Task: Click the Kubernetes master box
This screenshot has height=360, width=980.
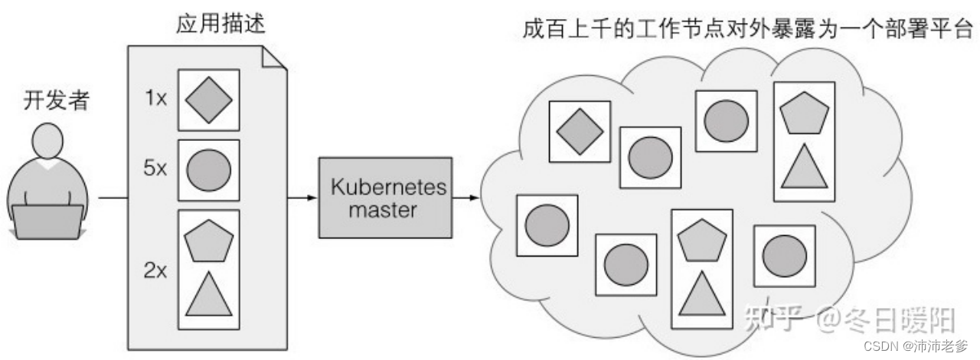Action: click(386, 198)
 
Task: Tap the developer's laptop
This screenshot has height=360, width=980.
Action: click(47, 222)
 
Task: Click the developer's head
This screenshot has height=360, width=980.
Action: click(48, 145)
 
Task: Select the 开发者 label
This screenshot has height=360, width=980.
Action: click(48, 101)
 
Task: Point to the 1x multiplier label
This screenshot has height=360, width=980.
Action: click(156, 98)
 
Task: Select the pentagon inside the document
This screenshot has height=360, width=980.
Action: click(208, 242)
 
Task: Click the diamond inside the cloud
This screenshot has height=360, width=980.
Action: click(580, 131)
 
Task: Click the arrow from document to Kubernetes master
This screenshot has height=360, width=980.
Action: click(303, 198)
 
